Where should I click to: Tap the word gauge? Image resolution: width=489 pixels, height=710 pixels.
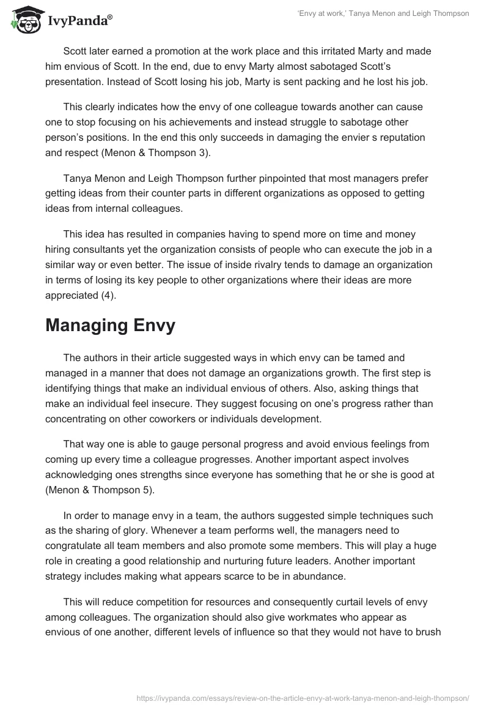(163, 443)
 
